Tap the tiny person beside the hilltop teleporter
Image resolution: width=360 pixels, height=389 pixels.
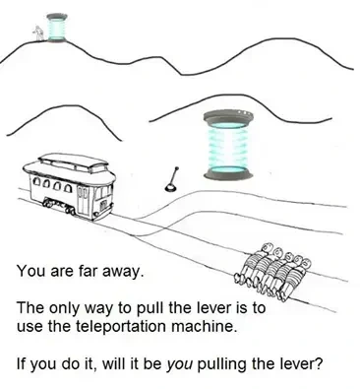click(x=37, y=33)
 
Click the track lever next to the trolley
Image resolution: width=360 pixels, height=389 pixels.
click(x=170, y=178)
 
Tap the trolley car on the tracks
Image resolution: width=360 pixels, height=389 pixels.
click(x=74, y=186)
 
